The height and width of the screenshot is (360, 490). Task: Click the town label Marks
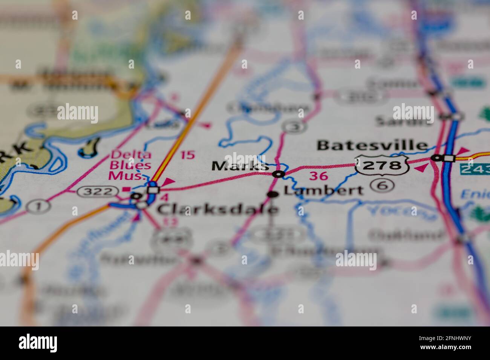coord(240,166)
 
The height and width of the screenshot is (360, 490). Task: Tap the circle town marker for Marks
coord(279,174)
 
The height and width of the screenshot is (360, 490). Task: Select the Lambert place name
coord(323,191)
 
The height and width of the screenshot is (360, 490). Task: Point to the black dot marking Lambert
coord(273,194)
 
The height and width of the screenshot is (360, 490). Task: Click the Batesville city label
coord(372,145)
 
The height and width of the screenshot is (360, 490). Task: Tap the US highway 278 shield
coord(383,165)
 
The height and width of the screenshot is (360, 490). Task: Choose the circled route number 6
coord(382,185)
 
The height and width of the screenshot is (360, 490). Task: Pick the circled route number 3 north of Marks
coord(294,127)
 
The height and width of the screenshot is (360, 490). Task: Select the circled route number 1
coord(38,206)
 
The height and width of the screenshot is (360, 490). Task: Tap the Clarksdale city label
coord(217,209)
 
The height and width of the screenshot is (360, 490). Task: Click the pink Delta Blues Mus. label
coord(130,165)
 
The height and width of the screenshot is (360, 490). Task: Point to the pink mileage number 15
coord(188,155)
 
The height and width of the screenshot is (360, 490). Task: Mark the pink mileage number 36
coord(318,176)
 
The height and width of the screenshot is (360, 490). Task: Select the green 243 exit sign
coord(475,169)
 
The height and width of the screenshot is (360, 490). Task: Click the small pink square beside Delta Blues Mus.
coord(127,189)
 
